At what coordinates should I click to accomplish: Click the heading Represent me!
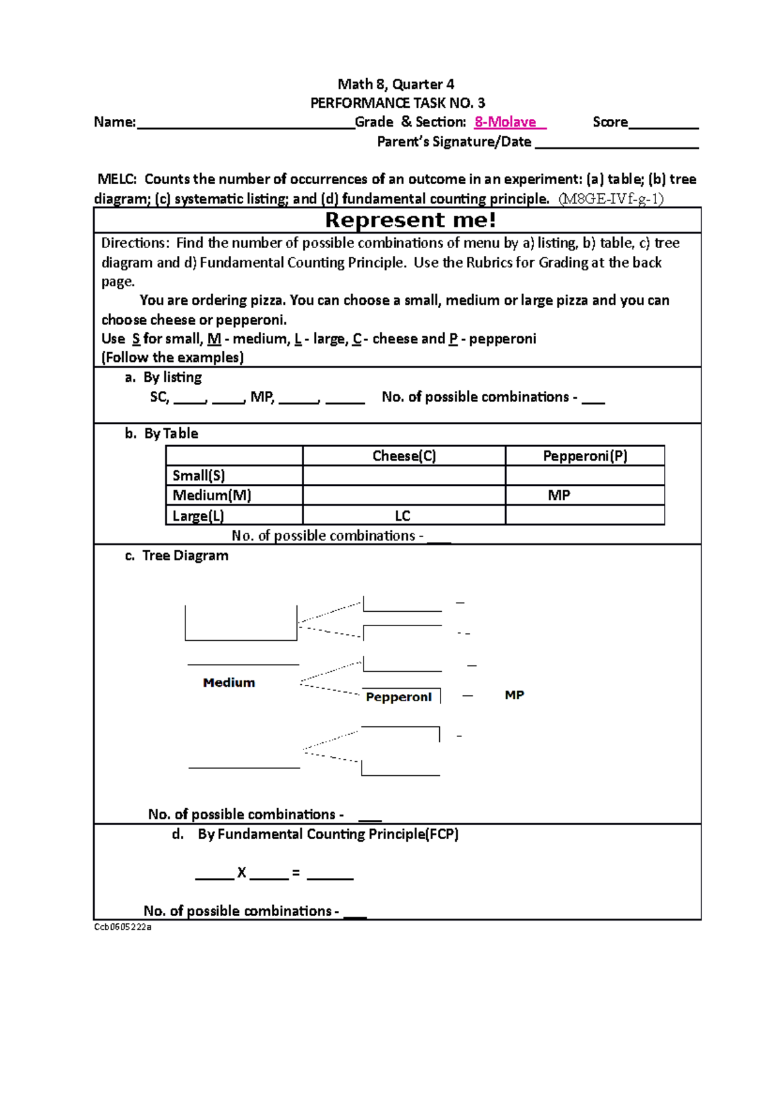[411, 220]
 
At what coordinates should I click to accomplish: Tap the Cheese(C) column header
[404, 456]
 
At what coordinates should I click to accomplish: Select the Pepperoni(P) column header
[585, 456]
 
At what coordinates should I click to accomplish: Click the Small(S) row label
[199, 476]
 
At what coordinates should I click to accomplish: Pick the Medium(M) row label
[212, 496]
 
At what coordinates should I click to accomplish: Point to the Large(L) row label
[198, 516]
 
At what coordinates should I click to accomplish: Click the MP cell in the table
[559, 496]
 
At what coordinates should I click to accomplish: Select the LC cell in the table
[402, 516]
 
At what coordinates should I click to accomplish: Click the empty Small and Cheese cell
[404, 476]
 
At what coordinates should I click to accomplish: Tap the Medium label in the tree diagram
[229, 683]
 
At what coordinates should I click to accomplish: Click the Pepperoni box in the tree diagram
[399, 696]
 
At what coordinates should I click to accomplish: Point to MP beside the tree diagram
[514, 695]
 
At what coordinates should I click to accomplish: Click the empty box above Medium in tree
[241, 623]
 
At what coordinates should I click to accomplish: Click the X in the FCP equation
[242, 873]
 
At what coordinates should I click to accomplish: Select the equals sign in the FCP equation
[296, 873]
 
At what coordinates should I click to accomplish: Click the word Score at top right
[610, 122]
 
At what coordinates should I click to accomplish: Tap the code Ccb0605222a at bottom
[123, 926]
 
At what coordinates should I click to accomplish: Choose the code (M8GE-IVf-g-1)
[611, 199]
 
